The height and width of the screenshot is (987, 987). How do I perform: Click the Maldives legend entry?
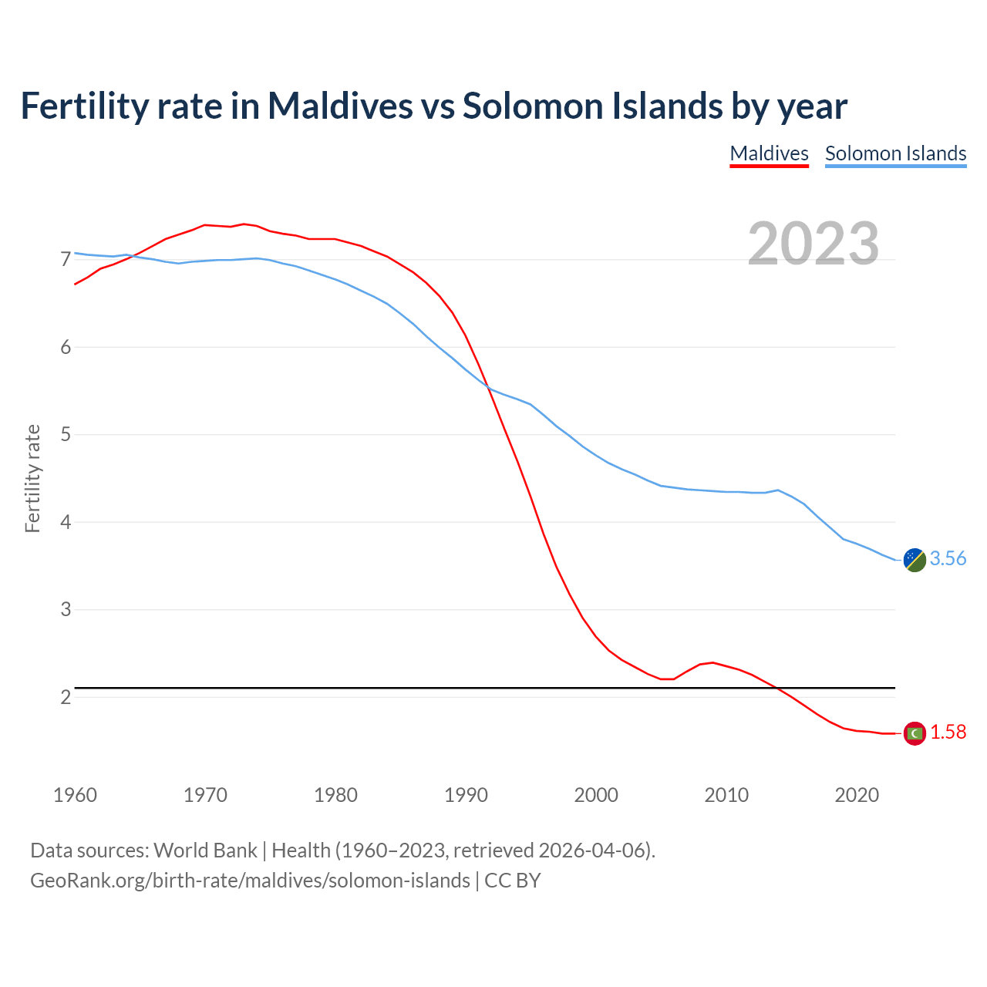[x=769, y=153]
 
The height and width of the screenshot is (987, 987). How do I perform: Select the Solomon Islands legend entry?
[x=895, y=153]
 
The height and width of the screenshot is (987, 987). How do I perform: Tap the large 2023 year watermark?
[x=813, y=244]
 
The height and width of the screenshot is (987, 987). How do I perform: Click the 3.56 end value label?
[x=948, y=558]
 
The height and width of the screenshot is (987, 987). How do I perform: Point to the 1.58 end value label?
[x=948, y=732]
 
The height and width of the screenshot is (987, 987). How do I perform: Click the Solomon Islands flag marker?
[x=915, y=560]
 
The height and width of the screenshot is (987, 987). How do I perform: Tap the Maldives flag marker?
[x=915, y=733]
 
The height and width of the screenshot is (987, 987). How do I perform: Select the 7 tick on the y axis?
[x=66, y=259]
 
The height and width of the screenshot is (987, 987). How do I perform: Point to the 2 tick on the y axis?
[x=66, y=697]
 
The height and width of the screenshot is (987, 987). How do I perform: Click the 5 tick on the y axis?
[x=66, y=434]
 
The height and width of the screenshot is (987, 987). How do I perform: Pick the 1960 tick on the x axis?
[x=75, y=795]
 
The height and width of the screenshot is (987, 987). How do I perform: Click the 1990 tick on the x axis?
[x=466, y=795]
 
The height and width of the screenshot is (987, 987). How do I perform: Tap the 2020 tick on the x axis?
[x=857, y=795]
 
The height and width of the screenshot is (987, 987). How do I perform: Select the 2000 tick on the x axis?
[x=596, y=795]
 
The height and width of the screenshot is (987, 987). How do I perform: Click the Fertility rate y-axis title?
[x=32, y=478]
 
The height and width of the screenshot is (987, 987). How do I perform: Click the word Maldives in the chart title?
[x=340, y=106]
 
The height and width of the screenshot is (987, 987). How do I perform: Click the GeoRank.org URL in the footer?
[x=250, y=880]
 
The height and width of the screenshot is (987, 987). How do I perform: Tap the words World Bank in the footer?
[x=205, y=850]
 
